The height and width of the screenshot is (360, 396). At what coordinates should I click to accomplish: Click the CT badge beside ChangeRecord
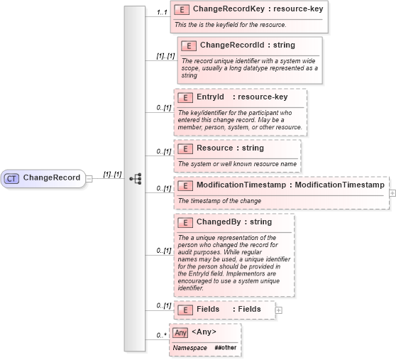(x=12, y=178)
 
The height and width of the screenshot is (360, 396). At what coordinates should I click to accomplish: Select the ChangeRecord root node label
(x=52, y=178)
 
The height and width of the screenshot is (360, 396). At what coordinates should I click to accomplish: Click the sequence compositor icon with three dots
(x=136, y=178)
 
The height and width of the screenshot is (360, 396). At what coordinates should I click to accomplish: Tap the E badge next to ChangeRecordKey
(x=182, y=11)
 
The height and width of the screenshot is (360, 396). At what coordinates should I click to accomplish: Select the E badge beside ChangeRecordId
(x=189, y=45)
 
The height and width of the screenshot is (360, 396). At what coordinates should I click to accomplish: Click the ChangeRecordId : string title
(x=247, y=45)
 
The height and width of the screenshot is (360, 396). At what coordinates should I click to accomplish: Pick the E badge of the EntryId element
(x=185, y=97)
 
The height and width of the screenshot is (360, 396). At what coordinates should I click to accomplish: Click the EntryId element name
(x=210, y=97)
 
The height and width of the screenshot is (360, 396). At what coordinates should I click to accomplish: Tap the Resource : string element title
(x=229, y=148)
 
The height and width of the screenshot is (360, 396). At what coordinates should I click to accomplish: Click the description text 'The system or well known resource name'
(x=236, y=164)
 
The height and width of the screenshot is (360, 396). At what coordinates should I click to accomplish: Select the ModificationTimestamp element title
(x=290, y=185)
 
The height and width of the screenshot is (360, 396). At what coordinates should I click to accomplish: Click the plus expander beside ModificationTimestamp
(x=392, y=193)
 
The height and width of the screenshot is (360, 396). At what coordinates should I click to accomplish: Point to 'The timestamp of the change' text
(x=220, y=201)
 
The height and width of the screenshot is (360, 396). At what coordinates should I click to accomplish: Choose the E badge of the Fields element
(x=185, y=310)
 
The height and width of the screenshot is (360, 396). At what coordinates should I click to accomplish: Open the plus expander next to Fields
(x=278, y=310)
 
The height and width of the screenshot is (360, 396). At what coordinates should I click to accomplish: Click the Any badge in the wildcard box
(x=181, y=332)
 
